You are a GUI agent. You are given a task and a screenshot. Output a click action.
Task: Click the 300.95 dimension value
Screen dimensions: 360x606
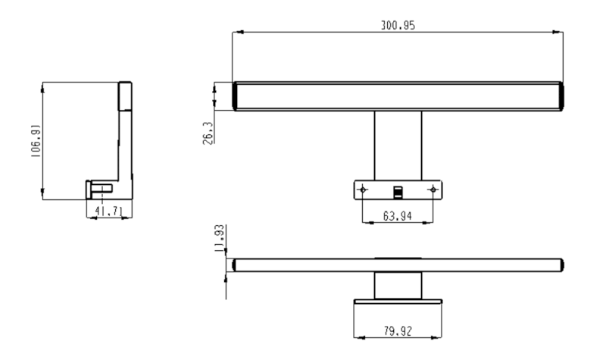(397, 25)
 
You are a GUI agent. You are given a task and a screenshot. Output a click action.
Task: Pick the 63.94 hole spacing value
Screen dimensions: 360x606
(398, 216)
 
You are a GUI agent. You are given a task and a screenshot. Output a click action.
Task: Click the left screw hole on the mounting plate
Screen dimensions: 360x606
(364, 189)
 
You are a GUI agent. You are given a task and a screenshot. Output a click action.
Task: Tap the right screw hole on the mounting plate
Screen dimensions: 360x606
(433, 189)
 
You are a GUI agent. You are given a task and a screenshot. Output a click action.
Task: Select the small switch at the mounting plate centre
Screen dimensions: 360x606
(398, 189)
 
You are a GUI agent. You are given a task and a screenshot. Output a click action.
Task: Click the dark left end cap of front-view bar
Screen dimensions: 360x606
(236, 97)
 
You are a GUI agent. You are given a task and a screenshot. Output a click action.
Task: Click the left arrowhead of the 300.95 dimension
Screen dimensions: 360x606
(236, 33)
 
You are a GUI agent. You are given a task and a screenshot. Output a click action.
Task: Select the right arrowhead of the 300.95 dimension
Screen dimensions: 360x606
(559, 33)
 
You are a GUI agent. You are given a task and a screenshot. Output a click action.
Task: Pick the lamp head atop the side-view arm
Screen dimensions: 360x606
(126, 95)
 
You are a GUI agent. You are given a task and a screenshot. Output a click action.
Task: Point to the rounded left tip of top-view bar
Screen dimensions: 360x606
(235, 265)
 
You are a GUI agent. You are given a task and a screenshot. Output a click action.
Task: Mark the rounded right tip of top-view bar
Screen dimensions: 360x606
(562, 265)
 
